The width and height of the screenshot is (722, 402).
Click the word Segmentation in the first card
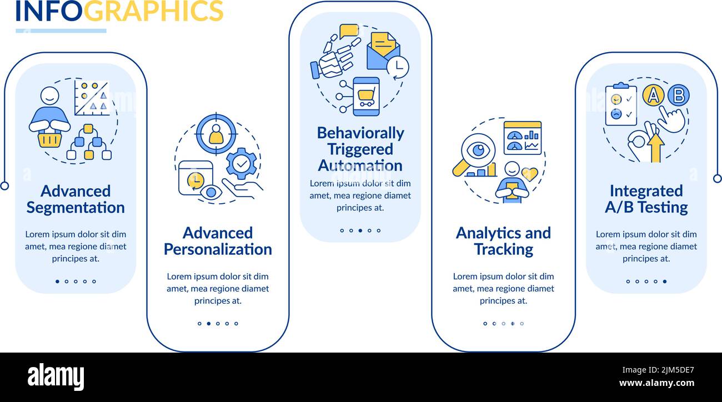point(76,208)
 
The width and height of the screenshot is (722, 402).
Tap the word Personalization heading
point(218,250)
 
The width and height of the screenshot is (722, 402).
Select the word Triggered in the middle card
point(360,150)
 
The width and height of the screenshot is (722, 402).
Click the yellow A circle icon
point(653,96)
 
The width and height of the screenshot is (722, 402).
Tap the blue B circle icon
point(679,96)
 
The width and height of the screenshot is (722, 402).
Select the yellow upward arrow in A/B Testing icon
point(655,148)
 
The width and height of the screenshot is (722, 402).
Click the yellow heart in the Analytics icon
point(530,174)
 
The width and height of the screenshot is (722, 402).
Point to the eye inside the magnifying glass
point(478,150)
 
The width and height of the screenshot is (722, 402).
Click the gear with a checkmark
point(242,164)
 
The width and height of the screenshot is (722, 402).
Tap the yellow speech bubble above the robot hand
point(349,31)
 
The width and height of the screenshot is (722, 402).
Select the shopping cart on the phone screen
point(366,96)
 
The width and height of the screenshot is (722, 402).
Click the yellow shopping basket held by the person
point(49,139)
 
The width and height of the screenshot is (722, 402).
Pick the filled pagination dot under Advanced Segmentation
point(57,282)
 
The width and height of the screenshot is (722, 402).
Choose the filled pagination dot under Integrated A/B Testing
point(665,282)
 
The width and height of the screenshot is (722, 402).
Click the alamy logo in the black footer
point(56,377)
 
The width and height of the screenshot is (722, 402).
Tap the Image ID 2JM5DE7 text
point(658,370)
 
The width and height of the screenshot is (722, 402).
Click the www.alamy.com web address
point(656,383)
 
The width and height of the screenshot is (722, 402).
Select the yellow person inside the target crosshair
point(216,134)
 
